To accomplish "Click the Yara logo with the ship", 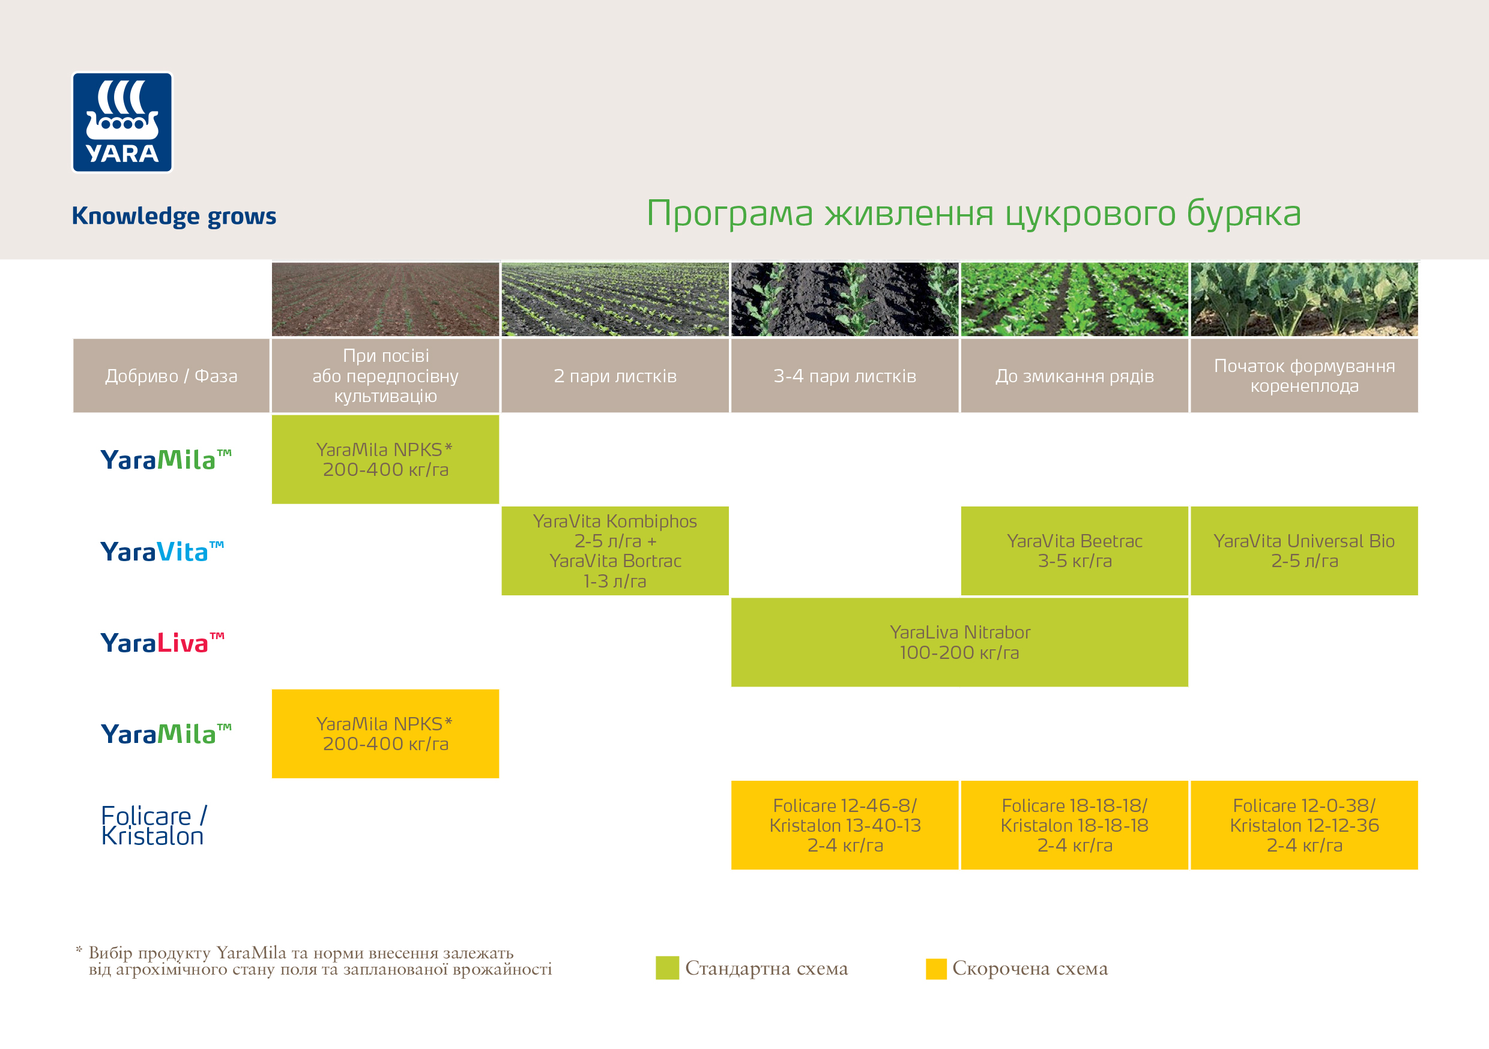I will pyautogui.click(x=122, y=122).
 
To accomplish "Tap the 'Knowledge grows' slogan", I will pyautogui.click(x=174, y=216).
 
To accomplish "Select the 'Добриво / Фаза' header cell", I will pyautogui.click(x=171, y=376).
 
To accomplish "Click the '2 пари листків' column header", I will pyautogui.click(x=615, y=376).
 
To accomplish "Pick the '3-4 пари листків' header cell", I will pyautogui.click(x=844, y=376).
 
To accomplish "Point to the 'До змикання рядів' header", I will pyautogui.click(x=1075, y=376).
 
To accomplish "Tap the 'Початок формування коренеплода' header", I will pyautogui.click(x=1304, y=376).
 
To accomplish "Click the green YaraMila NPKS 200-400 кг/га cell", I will pyautogui.click(x=385, y=459).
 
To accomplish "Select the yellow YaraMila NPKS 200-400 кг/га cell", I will pyautogui.click(x=385, y=733).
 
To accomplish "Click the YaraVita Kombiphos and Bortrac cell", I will pyautogui.click(x=615, y=550).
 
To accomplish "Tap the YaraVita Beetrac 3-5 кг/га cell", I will pyautogui.click(x=1075, y=550).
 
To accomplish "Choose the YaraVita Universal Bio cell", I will pyautogui.click(x=1304, y=550).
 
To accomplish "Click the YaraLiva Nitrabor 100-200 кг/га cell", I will pyautogui.click(x=959, y=642).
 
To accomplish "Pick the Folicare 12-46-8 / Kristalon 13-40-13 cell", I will pyautogui.click(x=844, y=825).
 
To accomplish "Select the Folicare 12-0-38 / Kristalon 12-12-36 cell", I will pyautogui.click(x=1304, y=825).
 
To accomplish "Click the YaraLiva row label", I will pyautogui.click(x=162, y=643).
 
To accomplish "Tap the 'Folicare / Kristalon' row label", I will pyautogui.click(x=154, y=826).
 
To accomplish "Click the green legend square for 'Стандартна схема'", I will pyautogui.click(x=666, y=968).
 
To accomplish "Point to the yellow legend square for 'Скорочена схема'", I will pyautogui.click(x=936, y=969).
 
